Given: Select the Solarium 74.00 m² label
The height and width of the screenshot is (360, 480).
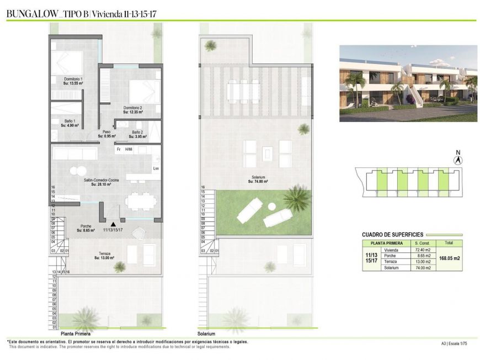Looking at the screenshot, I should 258,179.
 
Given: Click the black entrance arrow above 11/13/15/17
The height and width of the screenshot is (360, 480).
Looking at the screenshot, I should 112,224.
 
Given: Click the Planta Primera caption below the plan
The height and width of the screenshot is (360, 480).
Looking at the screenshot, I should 76,334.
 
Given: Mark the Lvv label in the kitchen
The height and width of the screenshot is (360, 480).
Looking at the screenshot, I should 156,168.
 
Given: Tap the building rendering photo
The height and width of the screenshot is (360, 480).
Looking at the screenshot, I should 408,83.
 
